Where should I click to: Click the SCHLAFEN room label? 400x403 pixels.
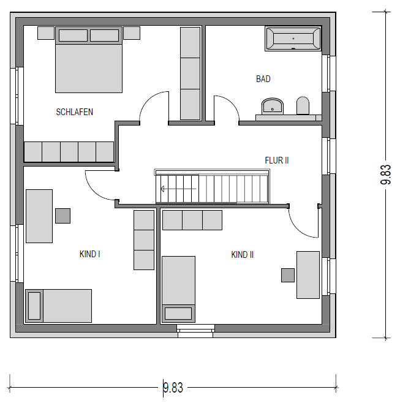pyautogui.click(x=75, y=112)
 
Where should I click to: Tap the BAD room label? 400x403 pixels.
pyautogui.click(x=263, y=79)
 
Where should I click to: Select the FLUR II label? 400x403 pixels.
pyautogui.click(x=277, y=160)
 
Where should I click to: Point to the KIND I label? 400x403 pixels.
pyautogui.click(x=89, y=254)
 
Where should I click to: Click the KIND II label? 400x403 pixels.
pyautogui.click(x=243, y=255)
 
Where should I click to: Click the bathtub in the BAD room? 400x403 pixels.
pyautogui.click(x=293, y=39)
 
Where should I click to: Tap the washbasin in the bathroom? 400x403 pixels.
pyautogui.click(x=272, y=106)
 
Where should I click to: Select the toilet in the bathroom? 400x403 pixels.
pyautogui.click(x=303, y=105)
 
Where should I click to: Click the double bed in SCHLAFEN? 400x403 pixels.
pyautogui.click(x=89, y=59)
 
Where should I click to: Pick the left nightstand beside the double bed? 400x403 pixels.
pyautogui.click(x=46, y=33)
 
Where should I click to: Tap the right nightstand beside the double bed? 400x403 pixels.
pyautogui.click(x=132, y=33)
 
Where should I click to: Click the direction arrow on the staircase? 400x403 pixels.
pyautogui.click(x=178, y=189)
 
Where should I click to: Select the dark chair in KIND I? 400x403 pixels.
pyautogui.click(x=62, y=216)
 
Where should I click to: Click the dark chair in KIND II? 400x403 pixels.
pyautogui.click(x=288, y=275)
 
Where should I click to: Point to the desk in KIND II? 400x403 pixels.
pyautogui.click(x=308, y=275)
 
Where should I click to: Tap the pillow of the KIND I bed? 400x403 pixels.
pyautogui.click(x=34, y=306)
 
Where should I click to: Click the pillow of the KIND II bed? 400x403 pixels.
pyautogui.click(x=178, y=314)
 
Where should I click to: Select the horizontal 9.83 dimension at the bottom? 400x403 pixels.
pyautogui.click(x=173, y=388)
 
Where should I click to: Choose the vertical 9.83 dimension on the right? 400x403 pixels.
pyautogui.click(x=385, y=175)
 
